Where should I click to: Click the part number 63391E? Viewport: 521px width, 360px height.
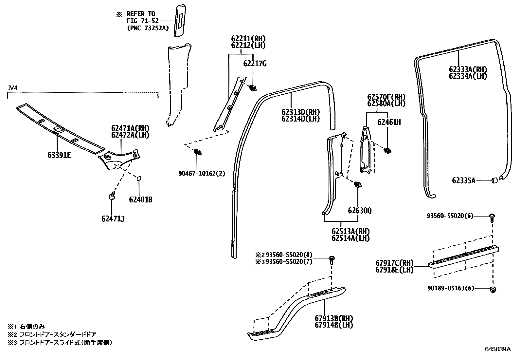coord(59,155)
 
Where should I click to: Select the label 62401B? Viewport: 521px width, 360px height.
coord(140,199)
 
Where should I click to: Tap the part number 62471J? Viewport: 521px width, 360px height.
coord(113,218)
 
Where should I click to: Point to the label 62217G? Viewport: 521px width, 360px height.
coord(255,64)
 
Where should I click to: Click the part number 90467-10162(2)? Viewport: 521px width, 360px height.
coord(202,173)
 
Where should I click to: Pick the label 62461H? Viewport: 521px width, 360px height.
coord(389,122)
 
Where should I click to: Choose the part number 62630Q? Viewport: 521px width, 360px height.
coord(360,211)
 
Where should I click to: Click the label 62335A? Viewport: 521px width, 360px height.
coord(463,180)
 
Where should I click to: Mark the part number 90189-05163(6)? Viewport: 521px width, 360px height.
coord(450,289)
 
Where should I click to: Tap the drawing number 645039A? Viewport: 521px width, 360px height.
coord(497,349)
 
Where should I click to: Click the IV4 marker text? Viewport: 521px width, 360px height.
coord(12,88)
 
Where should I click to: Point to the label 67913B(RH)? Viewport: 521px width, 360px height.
coord(334,318)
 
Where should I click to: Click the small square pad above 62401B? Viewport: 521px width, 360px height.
coord(138,178)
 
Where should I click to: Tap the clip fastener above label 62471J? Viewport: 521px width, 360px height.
coord(112,196)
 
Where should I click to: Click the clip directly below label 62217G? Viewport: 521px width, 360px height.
coord(252,88)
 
